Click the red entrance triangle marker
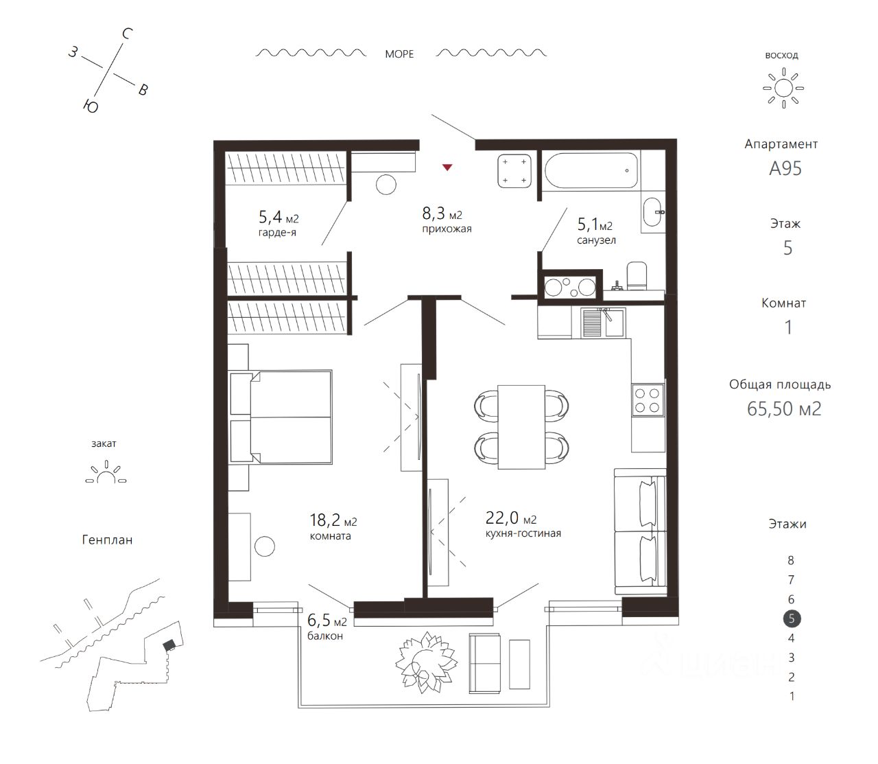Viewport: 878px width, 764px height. pos(447,167)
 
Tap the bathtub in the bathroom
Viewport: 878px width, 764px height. pos(591,170)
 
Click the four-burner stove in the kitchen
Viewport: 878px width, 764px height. pos(648,400)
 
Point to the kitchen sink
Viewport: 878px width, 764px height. pos(604,323)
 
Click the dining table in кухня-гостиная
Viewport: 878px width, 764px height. pos(521,426)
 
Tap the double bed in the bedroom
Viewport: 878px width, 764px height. pos(281,417)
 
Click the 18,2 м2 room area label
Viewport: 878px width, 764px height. pos(333,520)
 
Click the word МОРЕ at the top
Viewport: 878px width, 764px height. pos(399,54)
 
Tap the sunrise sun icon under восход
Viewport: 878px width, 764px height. pos(783,89)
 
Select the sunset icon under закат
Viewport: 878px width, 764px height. pos(106,474)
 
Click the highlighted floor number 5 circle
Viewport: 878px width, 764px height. pos(792,618)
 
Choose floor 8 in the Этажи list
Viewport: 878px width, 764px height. pos(792,560)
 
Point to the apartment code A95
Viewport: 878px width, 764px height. pos(785,168)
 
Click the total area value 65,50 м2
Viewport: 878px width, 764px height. pos(784,408)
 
